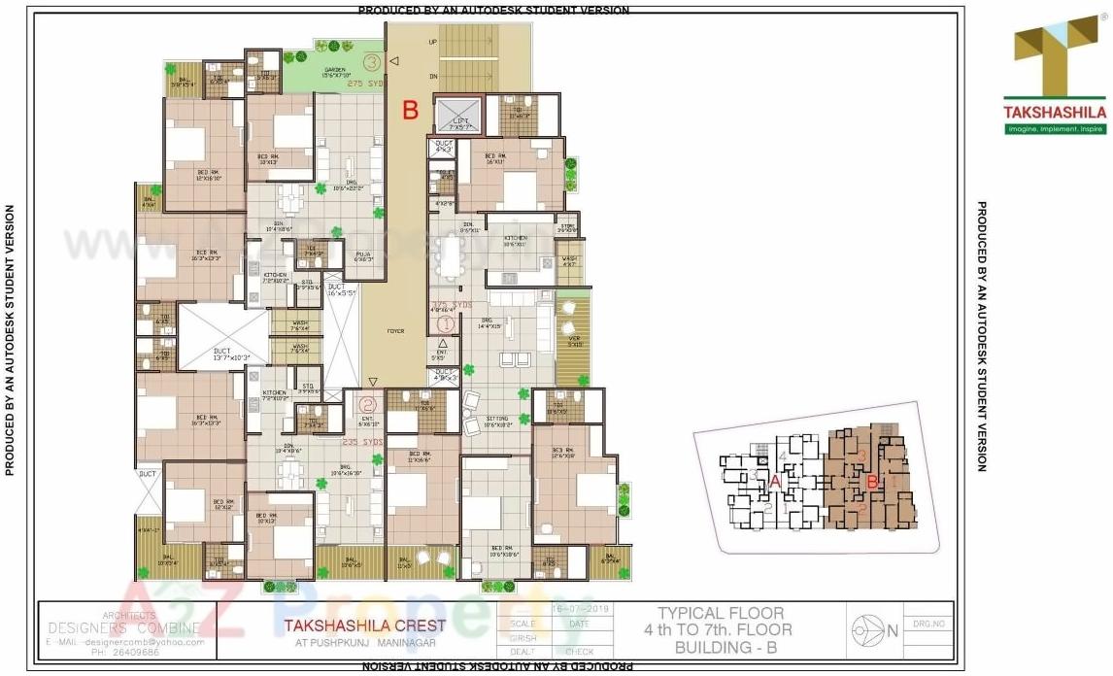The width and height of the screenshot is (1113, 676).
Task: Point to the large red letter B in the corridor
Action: coord(411,110)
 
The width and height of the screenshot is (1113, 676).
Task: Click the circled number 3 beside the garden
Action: coord(372,62)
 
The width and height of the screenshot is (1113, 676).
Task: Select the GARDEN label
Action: coord(335,70)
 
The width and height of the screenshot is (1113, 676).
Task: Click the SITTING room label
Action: coord(497,419)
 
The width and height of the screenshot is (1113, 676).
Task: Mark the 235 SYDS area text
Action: coord(363,442)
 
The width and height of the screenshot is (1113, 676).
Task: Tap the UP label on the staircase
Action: coord(432,43)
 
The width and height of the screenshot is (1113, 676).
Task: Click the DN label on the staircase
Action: coord(432,76)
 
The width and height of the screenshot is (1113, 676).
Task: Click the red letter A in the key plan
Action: coord(775,481)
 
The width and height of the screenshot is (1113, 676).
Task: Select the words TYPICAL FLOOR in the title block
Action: coord(721,613)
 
